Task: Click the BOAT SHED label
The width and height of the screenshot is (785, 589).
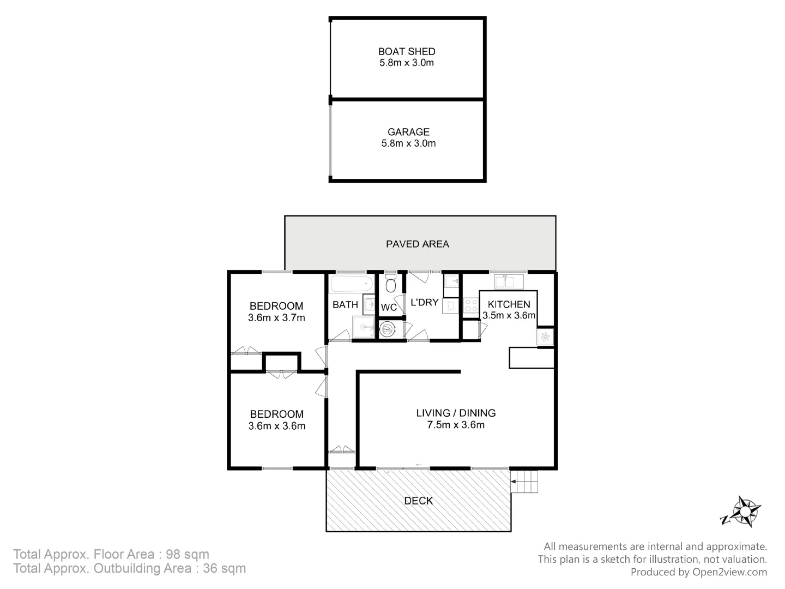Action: pos(407,51)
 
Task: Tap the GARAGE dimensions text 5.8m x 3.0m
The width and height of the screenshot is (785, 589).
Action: pos(408,143)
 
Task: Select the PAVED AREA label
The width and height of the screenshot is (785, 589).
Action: pos(418,244)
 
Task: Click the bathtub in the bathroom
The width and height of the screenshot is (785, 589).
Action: pos(352,284)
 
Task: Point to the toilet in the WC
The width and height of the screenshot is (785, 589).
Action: pos(390,285)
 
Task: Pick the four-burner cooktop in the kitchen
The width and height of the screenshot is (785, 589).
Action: pos(470,305)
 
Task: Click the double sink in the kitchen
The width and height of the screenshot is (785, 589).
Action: pos(508,281)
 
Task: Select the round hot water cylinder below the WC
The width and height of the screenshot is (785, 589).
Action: pos(388,329)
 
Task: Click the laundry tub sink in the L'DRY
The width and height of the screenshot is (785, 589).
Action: pos(451,282)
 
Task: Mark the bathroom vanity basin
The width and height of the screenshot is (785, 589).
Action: pos(369,304)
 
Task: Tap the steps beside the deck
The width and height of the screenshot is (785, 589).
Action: pos(525,482)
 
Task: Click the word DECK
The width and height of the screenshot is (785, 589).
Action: pos(419,501)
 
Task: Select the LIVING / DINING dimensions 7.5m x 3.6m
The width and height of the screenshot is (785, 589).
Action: pos(456,425)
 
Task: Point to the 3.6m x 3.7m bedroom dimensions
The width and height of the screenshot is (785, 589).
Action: pos(276,317)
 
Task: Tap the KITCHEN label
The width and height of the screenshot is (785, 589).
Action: pos(509,304)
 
